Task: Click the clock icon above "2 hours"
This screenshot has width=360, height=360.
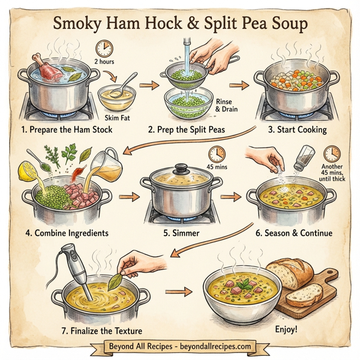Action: pos(104,49)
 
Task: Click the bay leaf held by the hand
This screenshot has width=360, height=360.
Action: pos(126,262)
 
